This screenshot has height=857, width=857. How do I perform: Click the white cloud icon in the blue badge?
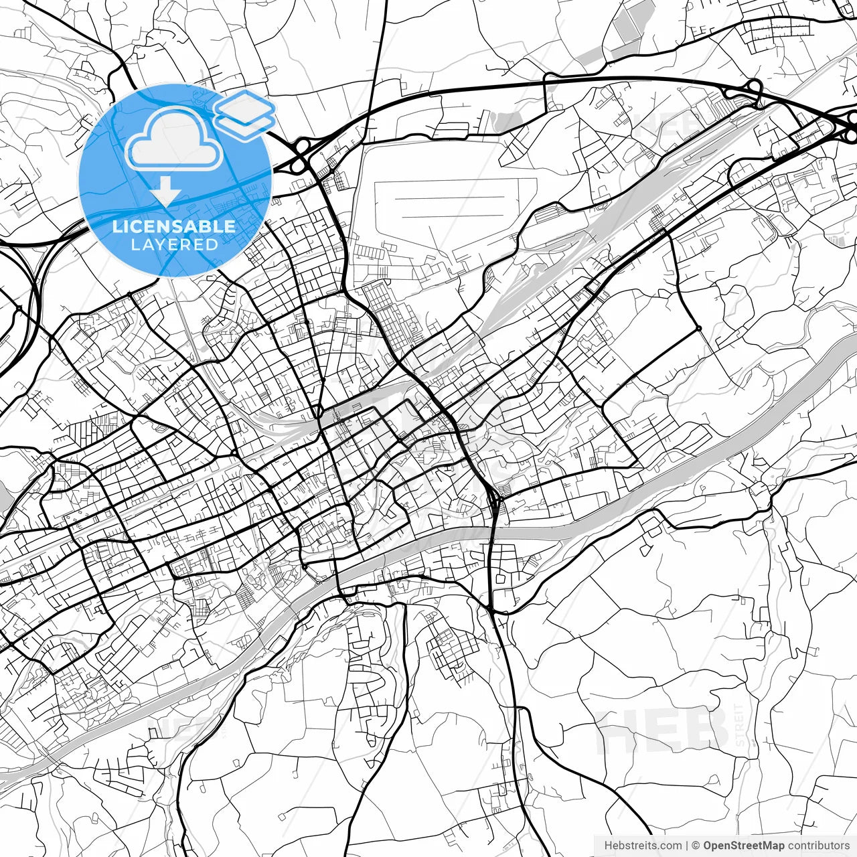click(x=175, y=139)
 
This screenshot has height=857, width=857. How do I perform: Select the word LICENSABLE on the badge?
click(x=174, y=226)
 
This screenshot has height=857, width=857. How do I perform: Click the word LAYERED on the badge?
click(x=175, y=244)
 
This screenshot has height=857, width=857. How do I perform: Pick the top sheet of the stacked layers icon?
click(x=244, y=105)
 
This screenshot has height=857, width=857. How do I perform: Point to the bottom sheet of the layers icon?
click(x=245, y=125)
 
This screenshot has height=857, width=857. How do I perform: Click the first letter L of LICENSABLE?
click(x=116, y=226)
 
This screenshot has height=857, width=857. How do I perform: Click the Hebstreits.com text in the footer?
click(x=643, y=846)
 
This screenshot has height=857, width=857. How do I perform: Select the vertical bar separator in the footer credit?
click(x=687, y=846)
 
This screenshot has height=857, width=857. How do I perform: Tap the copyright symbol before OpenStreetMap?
click(x=696, y=846)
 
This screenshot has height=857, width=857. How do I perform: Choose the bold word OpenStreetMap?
click(x=743, y=846)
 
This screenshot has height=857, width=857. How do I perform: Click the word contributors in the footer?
click(x=819, y=846)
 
